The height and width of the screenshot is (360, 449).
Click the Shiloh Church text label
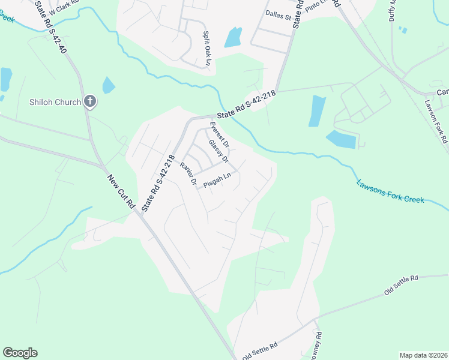point(55,101)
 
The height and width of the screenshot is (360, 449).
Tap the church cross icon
point(90,101)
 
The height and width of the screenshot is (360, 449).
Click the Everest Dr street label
point(218,135)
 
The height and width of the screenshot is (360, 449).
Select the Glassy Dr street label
point(218,151)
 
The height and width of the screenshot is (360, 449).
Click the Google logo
point(20,353)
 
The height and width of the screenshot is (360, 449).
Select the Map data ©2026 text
point(423,355)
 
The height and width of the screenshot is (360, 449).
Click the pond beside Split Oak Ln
point(233,37)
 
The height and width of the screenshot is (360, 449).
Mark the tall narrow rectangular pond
point(317,111)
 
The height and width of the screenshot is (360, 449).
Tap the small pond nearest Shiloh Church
point(108,85)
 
